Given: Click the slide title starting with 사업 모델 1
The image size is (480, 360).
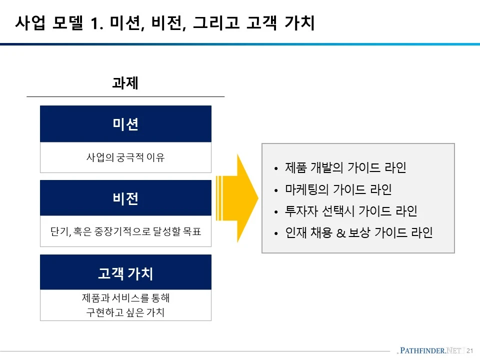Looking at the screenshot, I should (x=165, y=23).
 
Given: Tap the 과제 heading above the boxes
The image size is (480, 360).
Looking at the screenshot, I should (x=125, y=83).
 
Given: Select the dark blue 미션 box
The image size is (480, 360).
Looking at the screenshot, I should (x=125, y=124).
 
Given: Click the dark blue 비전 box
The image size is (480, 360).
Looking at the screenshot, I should (x=125, y=198).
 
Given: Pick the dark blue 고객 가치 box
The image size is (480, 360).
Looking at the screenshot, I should (x=125, y=273).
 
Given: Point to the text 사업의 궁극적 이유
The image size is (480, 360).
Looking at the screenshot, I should (x=125, y=157).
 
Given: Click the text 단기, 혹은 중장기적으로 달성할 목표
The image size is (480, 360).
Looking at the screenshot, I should (x=125, y=232).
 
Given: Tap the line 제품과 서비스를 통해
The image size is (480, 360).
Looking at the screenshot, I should (x=125, y=298).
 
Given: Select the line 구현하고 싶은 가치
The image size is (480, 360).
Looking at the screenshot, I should (x=125, y=313).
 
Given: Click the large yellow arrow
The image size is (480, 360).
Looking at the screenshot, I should (x=240, y=198).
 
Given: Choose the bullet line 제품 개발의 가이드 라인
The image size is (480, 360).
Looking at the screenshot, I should (x=345, y=167).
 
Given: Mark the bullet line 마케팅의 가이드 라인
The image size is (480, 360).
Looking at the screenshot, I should (x=338, y=189).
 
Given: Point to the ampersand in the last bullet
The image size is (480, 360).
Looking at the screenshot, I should (x=341, y=233).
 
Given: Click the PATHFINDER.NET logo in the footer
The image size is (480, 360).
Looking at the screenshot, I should (x=429, y=350).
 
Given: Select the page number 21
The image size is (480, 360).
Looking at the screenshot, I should (x=469, y=350).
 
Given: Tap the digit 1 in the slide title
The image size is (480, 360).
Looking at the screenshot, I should (x=95, y=23).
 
